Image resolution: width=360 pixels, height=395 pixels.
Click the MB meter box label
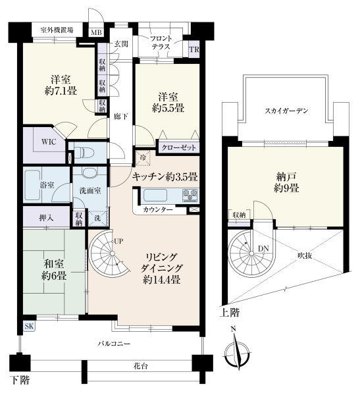[x=96, y=32]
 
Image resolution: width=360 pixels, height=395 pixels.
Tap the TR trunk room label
[x=194, y=49]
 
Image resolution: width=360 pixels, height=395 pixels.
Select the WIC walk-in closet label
[x=49, y=142]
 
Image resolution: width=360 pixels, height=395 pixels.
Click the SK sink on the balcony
[x=29, y=327]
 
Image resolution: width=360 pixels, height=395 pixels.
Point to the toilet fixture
[x=84, y=153]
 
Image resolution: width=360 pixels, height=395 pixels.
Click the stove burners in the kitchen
[x=190, y=196]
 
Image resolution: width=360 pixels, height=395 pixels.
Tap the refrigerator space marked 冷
[x=143, y=158]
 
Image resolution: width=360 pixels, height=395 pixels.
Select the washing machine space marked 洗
[x=98, y=218]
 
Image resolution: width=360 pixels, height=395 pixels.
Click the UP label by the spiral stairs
[x=118, y=242]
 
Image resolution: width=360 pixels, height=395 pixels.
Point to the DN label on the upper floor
[x=263, y=249]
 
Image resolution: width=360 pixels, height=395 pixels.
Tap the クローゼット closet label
[x=178, y=147]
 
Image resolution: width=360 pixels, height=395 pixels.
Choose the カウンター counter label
[x=158, y=209]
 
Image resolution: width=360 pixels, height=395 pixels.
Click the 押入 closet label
[x=46, y=218]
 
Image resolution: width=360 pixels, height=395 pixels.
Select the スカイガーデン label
[x=286, y=111]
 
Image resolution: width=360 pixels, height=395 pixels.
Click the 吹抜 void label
[x=305, y=255]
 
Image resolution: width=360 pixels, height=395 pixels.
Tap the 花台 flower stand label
[x=141, y=366]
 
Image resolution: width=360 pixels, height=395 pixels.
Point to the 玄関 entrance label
[x=122, y=44]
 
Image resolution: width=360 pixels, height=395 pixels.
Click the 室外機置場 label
[x=57, y=30]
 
